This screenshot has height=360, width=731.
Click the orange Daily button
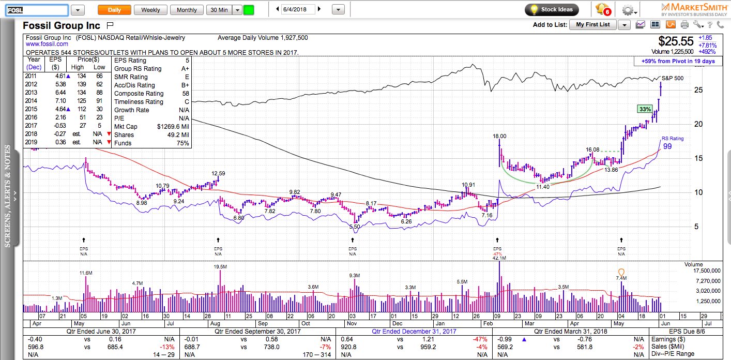point(114,10)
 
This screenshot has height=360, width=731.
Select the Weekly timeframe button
point(150,10)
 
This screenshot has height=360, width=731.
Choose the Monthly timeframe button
point(187,10)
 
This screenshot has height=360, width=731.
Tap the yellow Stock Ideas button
point(552,9)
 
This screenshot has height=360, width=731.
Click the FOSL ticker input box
point(37,10)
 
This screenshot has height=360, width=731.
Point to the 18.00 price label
point(499,136)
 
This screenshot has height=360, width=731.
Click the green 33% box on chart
point(645,109)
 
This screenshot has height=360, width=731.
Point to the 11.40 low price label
point(543,187)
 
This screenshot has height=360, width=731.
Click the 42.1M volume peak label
point(499,258)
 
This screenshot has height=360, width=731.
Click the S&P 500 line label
point(673,78)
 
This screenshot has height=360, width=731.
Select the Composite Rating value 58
point(184,94)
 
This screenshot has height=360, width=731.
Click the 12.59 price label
point(219,173)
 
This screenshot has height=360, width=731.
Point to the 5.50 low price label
point(354,227)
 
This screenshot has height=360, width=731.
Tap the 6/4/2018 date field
point(298,9)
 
